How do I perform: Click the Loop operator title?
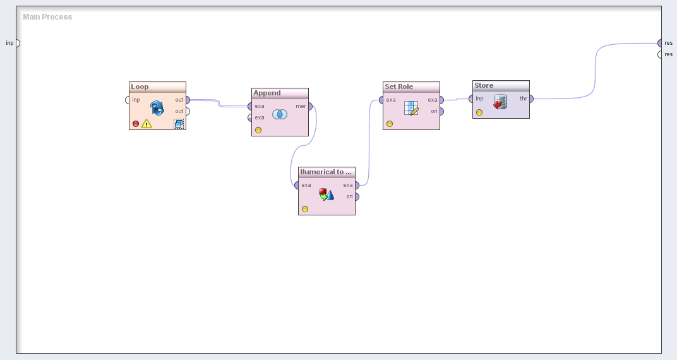(x=140, y=87)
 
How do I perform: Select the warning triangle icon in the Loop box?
(x=147, y=124)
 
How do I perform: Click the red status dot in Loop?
(x=136, y=124)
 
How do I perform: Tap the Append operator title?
(x=267, y=93)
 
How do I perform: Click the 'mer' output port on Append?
(x=309, y=106)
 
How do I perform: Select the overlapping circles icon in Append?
(x=280, y=114)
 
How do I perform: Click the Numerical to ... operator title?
(x=326, y=172)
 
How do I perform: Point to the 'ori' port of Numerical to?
(x=356, y=196)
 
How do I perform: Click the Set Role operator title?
(x=399, y=87)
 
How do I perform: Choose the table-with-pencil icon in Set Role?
(x=411, y=108)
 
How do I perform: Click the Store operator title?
(x=484, y=85)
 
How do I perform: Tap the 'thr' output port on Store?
(x=530, y=99)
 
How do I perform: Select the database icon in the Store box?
(x=500, y=102)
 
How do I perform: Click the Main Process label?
(x=47, y=17)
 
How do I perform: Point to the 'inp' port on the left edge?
(x=17, y=43)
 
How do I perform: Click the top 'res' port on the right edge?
(x=660, y=43)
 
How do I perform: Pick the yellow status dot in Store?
(x=479, y=112)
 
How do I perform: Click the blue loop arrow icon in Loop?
(x=157, y=107)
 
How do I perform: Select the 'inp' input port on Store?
(x=471, y=99)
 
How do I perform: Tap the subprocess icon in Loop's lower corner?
(x=179, y=124)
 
